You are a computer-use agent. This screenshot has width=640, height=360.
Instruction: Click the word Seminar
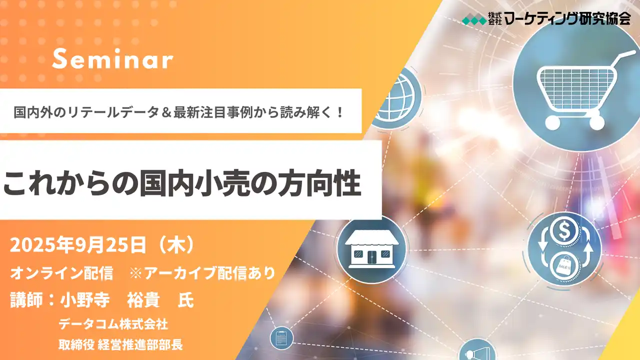112,60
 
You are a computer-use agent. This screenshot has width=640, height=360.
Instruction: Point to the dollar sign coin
564,231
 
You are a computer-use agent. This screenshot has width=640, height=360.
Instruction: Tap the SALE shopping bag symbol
564,264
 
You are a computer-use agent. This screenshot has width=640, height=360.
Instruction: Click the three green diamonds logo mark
472,20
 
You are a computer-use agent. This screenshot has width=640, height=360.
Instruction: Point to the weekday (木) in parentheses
174,245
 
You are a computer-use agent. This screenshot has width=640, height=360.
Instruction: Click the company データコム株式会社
113,324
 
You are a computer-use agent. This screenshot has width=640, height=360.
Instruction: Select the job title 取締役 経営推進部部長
120,344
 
